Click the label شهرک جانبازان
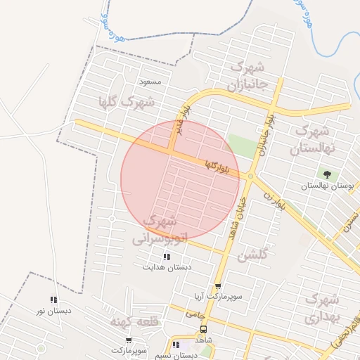click(x=246, y=77)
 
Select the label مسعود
click(x=150, y=82)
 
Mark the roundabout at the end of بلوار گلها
click(x=250, y=176)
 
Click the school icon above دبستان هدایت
click(x=166, y=257)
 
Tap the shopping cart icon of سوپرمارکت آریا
click(x=218, y=287)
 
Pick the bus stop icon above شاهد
click(x=204, y=329)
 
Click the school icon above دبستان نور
click(x=53, y=300)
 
